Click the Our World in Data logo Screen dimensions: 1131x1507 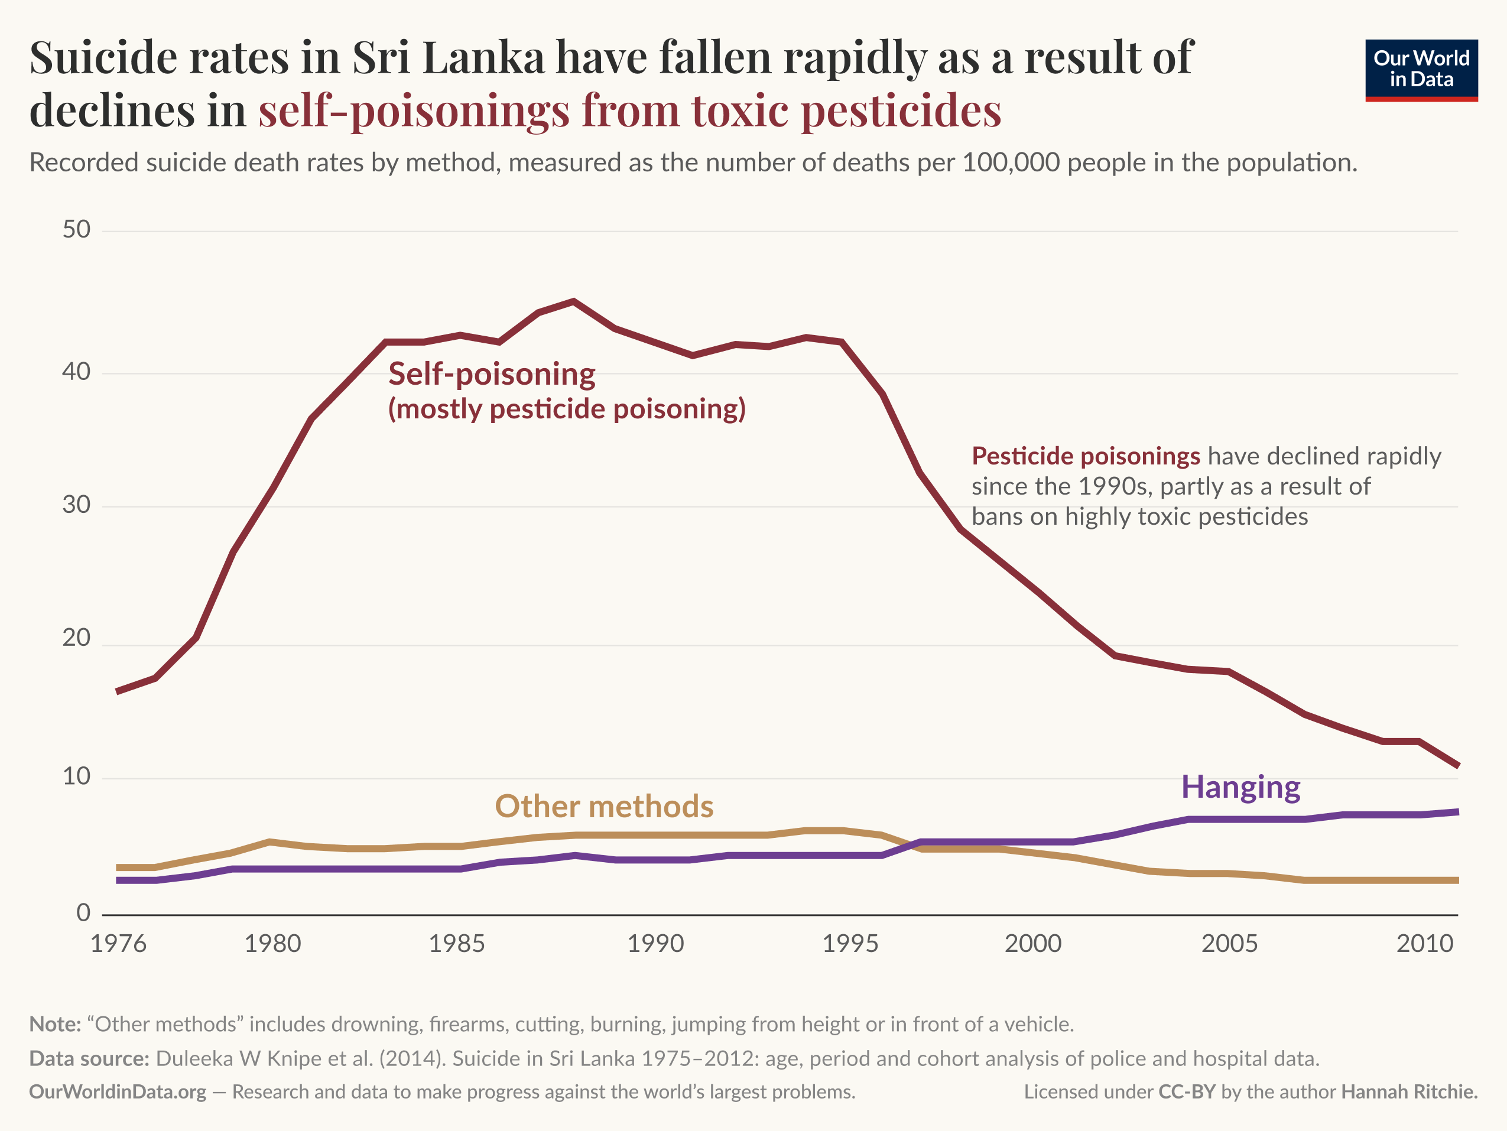1421,70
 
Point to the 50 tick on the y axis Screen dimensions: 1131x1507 76,230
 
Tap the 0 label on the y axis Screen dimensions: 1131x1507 83,912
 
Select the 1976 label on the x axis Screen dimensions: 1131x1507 119,944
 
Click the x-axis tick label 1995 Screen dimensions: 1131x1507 850,944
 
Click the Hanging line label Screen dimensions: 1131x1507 1240,787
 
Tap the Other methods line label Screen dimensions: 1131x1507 603,806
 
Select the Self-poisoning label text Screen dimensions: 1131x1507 491,374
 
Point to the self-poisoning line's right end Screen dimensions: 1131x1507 1457,766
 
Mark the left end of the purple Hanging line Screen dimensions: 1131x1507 119,880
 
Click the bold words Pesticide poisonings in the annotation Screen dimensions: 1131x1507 1085,456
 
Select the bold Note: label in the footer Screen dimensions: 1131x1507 55,1024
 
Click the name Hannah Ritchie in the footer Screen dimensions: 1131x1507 1409,1091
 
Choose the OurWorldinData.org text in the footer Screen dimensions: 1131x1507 117,1091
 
